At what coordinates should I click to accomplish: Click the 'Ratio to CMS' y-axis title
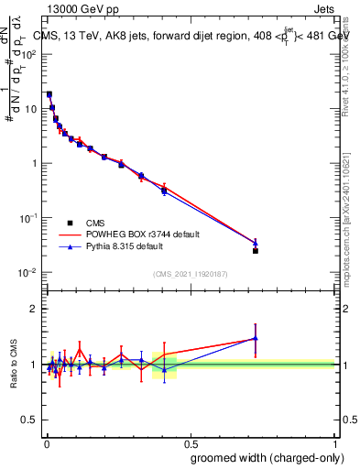pos(14,365)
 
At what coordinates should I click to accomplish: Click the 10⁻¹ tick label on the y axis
pos(27,218)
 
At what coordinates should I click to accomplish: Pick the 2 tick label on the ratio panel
pos(33,309)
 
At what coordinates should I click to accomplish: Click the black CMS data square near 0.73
pos(256,251)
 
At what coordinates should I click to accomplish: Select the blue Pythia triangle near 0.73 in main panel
pos(256,243)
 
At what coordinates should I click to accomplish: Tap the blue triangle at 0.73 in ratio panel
pos(256,339)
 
